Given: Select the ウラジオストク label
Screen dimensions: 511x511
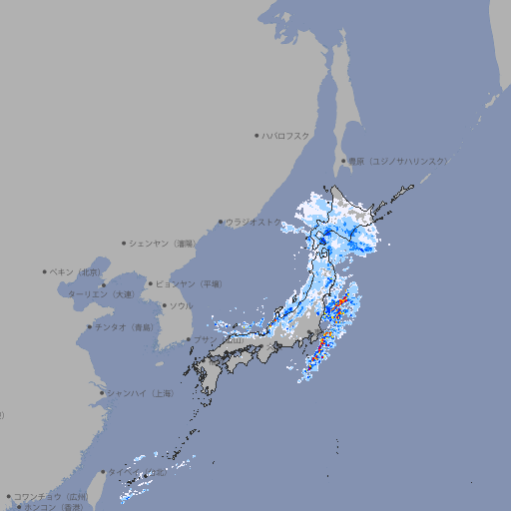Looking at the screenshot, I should click(254, 222).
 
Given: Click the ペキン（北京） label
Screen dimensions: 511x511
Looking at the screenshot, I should click(77, 271).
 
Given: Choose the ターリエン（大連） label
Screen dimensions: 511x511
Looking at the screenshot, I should click(101, 294).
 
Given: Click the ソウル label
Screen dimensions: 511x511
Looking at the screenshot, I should click(180, 305).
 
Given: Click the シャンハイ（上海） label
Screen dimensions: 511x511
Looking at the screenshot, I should click(140, 393).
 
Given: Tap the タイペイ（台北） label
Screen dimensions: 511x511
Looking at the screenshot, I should click(136, 472).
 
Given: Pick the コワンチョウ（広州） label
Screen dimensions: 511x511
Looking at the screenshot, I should click(50, 496).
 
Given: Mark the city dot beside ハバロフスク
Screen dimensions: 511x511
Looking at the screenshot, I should click(256, 135).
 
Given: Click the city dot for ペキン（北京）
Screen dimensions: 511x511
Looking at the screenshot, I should click(45, 271).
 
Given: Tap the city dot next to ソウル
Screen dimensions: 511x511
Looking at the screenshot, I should click(164, 305).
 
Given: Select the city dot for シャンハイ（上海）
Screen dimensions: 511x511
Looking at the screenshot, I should click(102, 393).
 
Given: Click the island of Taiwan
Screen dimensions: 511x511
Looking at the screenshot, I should click(128, 487).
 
